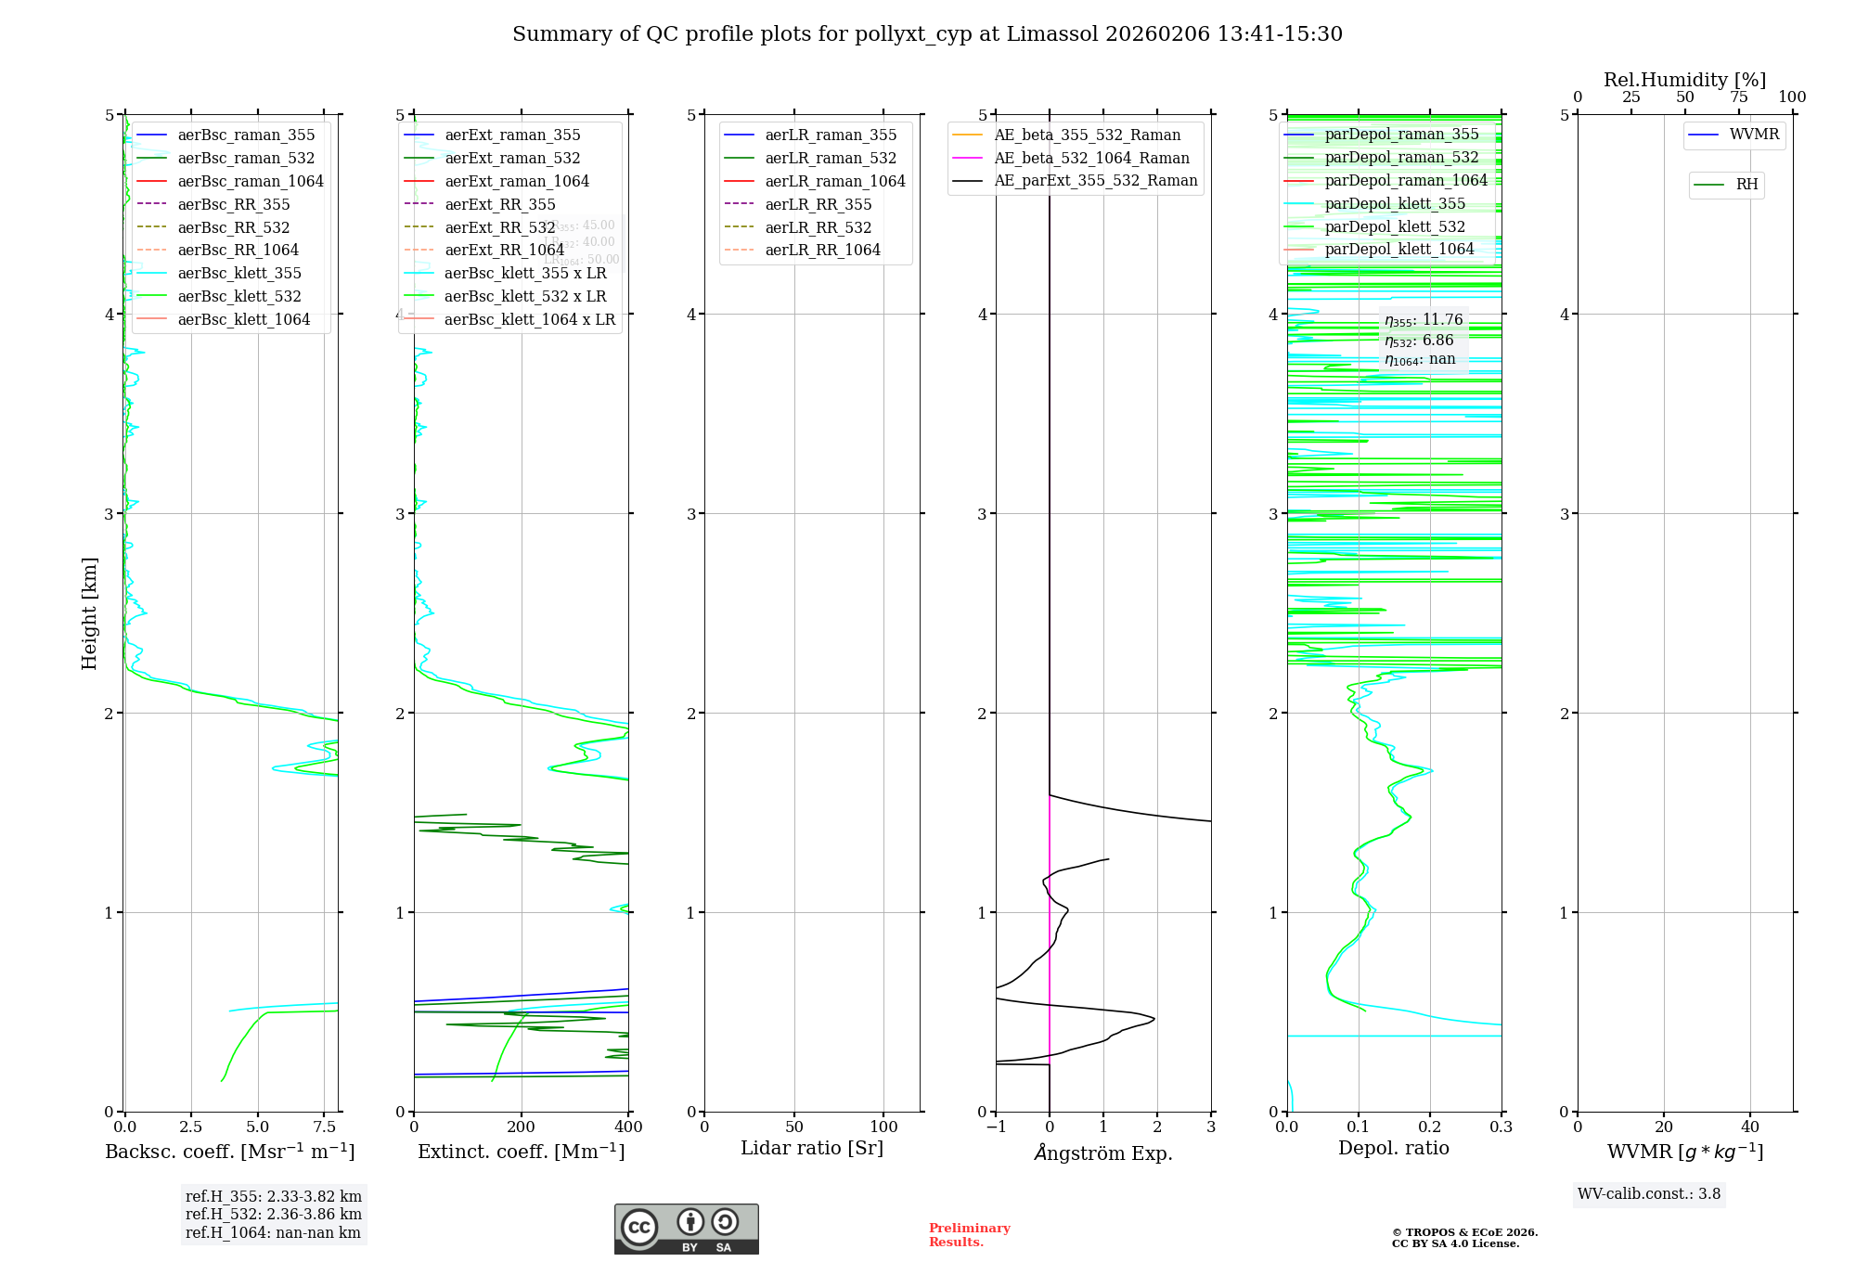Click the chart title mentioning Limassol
click(x=927, y=34)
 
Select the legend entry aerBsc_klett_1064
click(x=244, y=319)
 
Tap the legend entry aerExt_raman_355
click(x=512, y=135)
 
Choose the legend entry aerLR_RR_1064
click(x=822, y=250)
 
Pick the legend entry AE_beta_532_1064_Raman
click(x=1091, y=158)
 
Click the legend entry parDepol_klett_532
click(x=1395, y=226)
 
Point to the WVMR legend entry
click(x=1754, y=135)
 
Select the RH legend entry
click(x=1746, y=185)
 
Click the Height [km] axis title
click(x=89, y=612)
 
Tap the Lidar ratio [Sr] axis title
click(x=812, y=1149)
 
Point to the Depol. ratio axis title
click(x=1393, y=1149)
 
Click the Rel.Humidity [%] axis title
click(x=1684, y=80)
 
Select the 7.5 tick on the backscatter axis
click(x=324, y=1127)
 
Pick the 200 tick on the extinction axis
click(x=522, y=1127)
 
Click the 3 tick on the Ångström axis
click(x=1211, y=1127)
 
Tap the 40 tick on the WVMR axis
click(x=1750, y=1127)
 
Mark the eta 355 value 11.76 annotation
click(x=1424, y=320)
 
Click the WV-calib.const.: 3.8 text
click(x=1649, y=1194)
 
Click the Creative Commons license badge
click(x=686, y=1229)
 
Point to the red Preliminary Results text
click(x=969, y=1235)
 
